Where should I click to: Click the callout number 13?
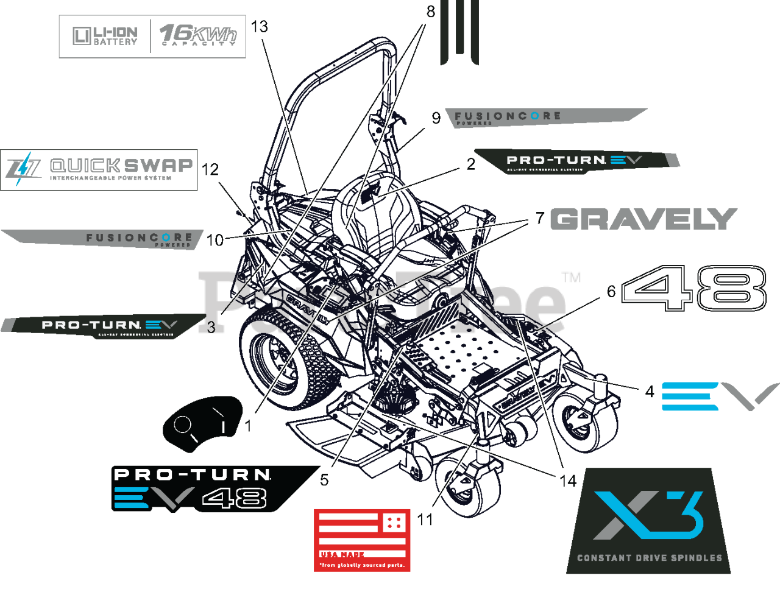click(x=259, y=27)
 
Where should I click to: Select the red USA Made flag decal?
click(x=361, y=540)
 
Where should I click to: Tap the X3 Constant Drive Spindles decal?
click(x=648, y=521)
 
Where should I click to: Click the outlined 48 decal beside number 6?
click(x=693, y=287)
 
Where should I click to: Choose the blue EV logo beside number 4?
click(x=719, y=396)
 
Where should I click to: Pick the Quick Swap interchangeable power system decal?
click(x=99, y=170)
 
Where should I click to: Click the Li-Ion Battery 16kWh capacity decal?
click(x=152, y=37)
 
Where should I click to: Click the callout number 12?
click(x=210, y=169)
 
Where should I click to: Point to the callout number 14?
click(x=567, y=481)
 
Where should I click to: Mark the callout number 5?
click(x=324, y=480)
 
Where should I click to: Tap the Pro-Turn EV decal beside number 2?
click(x=576, y=161)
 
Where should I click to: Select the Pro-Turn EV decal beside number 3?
click(x=104, y=325)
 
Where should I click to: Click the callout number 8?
click(x=431, y=12)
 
